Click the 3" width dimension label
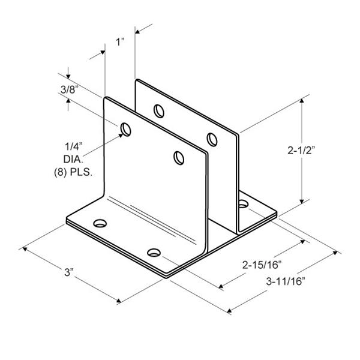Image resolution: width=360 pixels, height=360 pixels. (68, 272)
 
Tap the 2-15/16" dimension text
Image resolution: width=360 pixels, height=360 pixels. (262, 265)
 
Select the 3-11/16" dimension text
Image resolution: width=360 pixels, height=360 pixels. (286, 281)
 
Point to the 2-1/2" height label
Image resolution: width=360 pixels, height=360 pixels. (301, 151)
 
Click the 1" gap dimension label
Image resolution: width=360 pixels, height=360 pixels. (120, 42)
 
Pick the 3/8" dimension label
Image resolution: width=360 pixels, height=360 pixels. (68, 89)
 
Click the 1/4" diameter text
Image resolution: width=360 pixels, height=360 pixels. (73, 146)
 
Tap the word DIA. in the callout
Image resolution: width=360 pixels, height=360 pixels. (73, 159)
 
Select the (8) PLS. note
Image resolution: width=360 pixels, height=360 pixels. (73, 172)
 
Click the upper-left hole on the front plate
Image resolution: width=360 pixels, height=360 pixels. (126, 130)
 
